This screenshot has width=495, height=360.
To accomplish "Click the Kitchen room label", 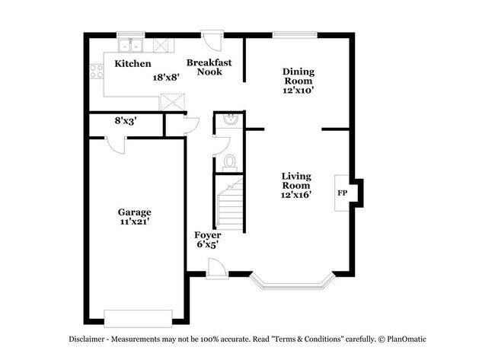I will (133, 64).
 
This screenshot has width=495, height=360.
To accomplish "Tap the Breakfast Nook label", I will (209, 67).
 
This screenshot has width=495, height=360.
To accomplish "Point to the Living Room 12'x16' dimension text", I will (295, 195).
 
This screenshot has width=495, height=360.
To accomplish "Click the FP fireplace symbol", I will (343, 193).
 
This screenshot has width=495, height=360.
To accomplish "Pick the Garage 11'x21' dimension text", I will (133, 222).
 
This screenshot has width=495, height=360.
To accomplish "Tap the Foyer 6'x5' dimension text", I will (207, 246).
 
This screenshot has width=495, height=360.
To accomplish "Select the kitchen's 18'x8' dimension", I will (165, 77).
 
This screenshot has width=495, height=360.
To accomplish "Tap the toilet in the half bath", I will (228, 162).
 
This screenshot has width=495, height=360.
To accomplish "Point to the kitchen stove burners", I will (97, 72).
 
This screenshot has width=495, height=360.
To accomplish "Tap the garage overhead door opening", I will (138, 317).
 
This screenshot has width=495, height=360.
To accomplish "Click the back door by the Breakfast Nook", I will (210, 40).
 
